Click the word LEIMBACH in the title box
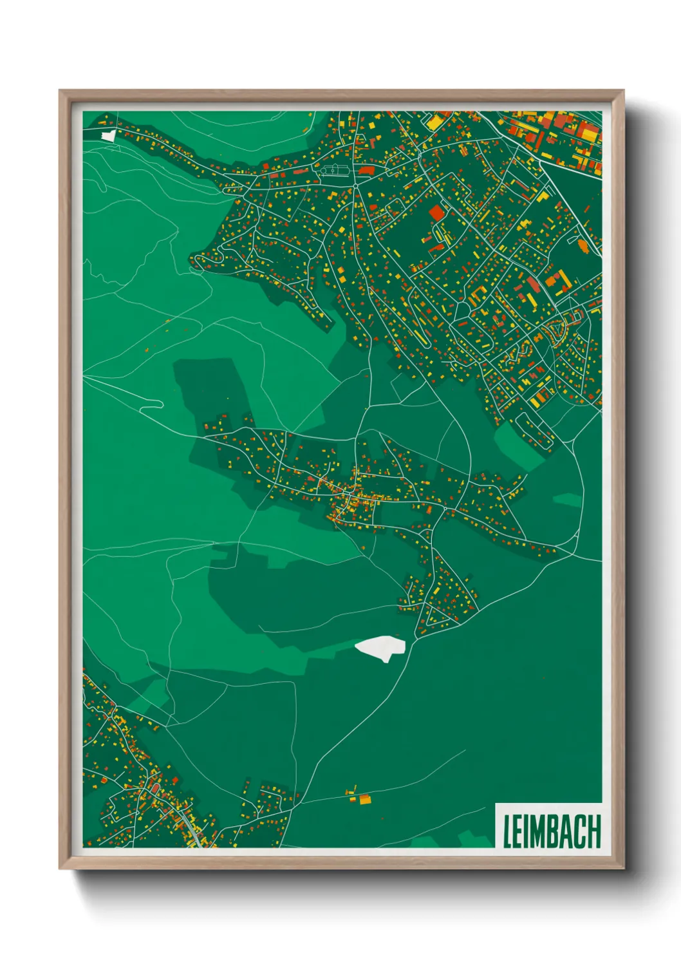[551, 831]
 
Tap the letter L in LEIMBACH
[507, 831]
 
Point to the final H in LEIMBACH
[595, 831]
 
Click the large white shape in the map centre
[380, 647]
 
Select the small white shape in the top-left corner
[109, 136]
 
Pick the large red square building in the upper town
[436, 213]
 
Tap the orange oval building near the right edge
[583, 245]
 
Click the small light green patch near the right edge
[566, 500]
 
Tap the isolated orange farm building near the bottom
[364, 799]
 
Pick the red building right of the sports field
[366, 170]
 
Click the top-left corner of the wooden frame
[61, 91]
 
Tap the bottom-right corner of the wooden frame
[623, 868]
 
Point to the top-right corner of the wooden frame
[623, 91]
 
